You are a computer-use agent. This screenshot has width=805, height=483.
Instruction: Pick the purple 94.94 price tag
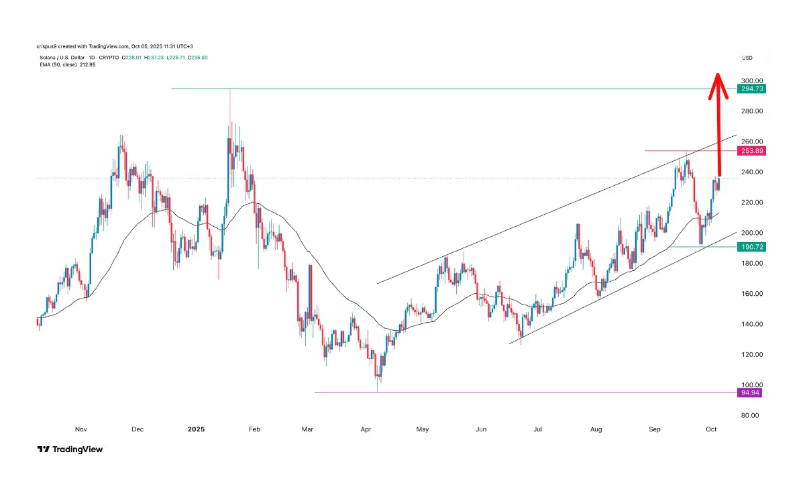[749, 392]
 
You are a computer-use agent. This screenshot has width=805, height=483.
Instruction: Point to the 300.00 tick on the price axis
[751, 80]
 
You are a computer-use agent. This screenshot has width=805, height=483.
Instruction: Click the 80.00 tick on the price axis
[749, 415]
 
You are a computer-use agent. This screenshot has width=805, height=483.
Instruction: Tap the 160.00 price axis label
[751, 294]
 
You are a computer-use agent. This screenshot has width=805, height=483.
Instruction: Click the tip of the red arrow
[717, 74]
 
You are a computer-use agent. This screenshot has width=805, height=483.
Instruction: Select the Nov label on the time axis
[80, 429]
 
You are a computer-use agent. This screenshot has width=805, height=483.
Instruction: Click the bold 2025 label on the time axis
[197, 429]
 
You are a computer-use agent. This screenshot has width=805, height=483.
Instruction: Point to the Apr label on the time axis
[366, 429]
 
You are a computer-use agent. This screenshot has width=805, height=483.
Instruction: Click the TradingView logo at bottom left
[70, 449]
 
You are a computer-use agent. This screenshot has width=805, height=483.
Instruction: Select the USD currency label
[747, 58]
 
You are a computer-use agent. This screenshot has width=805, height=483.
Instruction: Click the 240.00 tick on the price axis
[751, 172]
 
